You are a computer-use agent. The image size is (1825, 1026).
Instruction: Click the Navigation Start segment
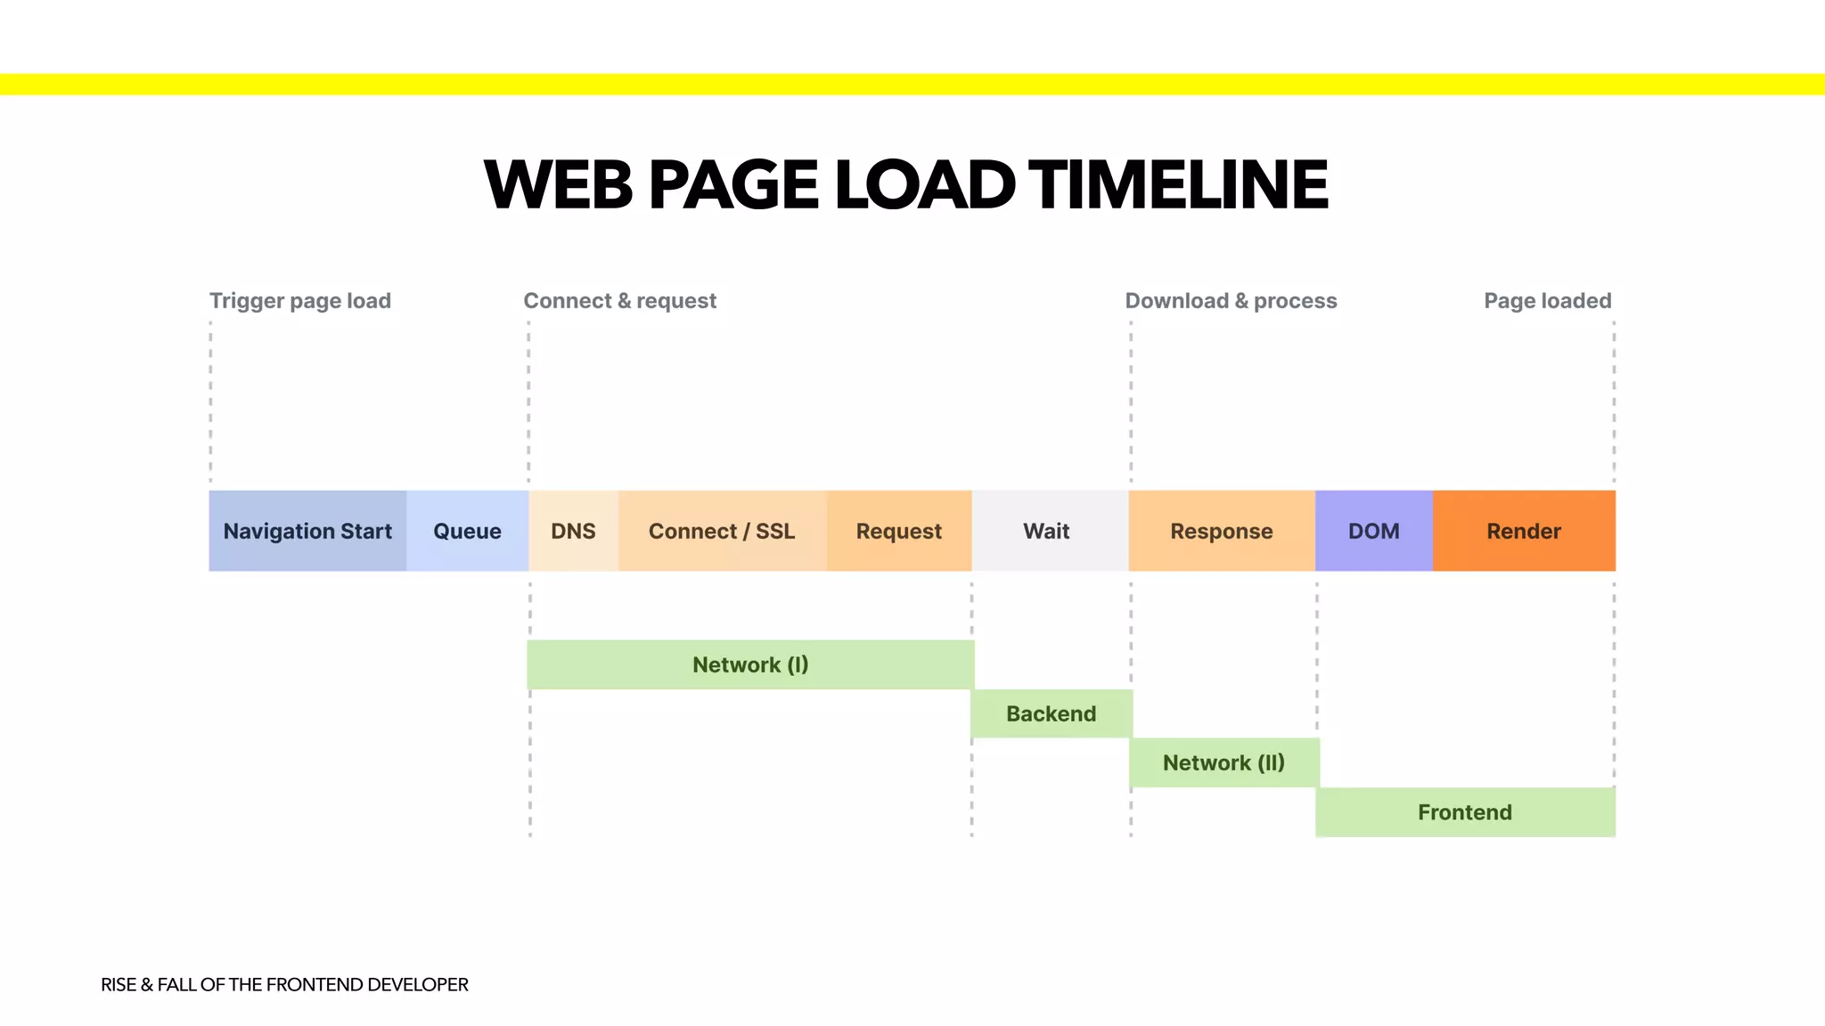(x=307, y=531)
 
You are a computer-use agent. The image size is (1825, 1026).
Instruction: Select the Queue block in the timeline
(x=467, y=531)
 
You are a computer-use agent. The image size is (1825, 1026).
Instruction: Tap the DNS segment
(x=573, y=531)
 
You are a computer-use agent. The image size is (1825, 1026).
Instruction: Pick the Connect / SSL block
(x=722, y=531)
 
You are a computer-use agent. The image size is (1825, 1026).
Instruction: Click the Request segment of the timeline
(x=898, y=531)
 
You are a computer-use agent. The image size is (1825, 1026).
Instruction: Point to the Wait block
(x=1047, y=531)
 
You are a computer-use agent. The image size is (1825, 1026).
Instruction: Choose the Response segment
(x=1221, y=531)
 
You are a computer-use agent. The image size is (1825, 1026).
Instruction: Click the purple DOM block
(x=1373, y=531)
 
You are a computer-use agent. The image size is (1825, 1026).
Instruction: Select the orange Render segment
(x=1524, y=531)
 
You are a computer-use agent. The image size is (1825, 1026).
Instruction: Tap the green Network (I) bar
(x=750, y=664)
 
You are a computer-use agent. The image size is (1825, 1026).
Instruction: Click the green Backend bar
(x=1052, y=713)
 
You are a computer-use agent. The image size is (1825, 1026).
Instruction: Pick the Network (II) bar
(x=1223, y=762)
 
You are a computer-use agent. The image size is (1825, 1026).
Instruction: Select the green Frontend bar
(x=1465, y=812)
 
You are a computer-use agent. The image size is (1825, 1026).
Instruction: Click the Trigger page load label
(x=300, y=301)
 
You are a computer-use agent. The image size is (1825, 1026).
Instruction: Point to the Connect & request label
(x=619, y=301)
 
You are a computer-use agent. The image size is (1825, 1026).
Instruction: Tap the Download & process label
(x=1231, y=301)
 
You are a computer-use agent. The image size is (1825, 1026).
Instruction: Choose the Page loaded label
(x=1547, y=301)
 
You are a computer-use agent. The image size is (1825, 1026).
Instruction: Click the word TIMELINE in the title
(x=1178, y=185)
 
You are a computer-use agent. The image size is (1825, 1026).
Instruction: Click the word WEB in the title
(x=559, y=185)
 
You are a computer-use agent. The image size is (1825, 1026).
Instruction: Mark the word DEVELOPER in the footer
(x=417, y=984)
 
